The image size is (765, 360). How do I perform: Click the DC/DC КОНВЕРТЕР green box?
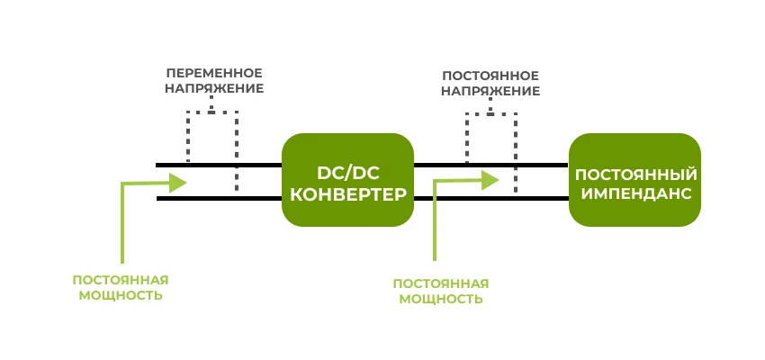(x=347, y=180)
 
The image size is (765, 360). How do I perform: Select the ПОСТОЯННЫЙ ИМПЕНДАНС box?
(x=634, y=180)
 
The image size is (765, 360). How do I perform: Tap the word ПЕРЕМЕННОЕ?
(x=214, y=72)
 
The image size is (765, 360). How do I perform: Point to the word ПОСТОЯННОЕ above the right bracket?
(x=491, y=75)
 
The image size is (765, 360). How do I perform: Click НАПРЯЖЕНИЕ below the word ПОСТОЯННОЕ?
(x=491, y=91)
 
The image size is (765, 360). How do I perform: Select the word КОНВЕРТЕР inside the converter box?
(x=347, y=193)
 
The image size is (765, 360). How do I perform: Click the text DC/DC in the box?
(x=347, y=171)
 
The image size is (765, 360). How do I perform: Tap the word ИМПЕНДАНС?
(x=635, y=193)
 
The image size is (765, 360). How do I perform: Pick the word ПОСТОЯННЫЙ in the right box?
(x=635, y=173)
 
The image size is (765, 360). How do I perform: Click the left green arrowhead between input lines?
(x=177, y=183)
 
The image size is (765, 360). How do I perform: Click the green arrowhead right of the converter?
(x=489, y=180)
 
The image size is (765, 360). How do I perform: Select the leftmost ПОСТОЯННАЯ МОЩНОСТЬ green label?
(x=121, y=287)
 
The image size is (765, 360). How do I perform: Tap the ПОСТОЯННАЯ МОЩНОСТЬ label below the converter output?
(x=441, y=291)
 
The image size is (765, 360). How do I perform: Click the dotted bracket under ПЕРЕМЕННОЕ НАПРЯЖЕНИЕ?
(x=211, y=112)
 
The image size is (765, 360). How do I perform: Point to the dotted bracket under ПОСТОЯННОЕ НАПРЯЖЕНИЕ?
(x=491, y=114)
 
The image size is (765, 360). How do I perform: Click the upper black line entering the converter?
(x=216, y=165)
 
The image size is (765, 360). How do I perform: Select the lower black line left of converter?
(x=216, y=198)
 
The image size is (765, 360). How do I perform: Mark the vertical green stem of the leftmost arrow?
(x=121, y=225)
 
